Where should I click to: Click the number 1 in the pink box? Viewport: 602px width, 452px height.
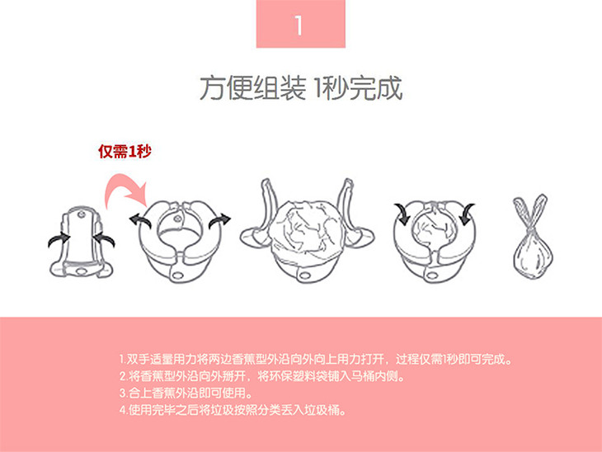click(299, 26)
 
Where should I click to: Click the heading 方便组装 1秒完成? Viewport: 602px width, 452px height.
click(301, 88)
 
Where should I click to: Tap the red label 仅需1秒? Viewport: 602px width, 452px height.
click(125, 151)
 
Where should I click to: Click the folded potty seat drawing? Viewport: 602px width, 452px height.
click(82, 241)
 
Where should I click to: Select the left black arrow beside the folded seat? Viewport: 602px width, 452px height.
click(59, 240)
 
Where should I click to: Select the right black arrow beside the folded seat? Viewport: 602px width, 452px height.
click(104, 239)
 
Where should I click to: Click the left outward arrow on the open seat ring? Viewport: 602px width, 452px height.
click(139, 221)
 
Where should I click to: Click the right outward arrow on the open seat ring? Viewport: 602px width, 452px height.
click(220, 221)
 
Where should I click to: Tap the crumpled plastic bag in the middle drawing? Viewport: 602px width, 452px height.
click(307, 228)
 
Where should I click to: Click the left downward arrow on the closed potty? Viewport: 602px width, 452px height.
click(402, 214)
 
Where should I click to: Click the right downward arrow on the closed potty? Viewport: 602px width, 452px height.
click(467, 214)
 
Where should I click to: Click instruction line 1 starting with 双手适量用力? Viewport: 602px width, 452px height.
click(316, 360)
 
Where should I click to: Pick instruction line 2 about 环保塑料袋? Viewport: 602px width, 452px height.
click(262, 376)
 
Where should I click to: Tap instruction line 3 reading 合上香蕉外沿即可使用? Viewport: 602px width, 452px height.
click(186, 393)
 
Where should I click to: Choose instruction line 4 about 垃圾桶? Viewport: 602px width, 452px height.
click(233, 410)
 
